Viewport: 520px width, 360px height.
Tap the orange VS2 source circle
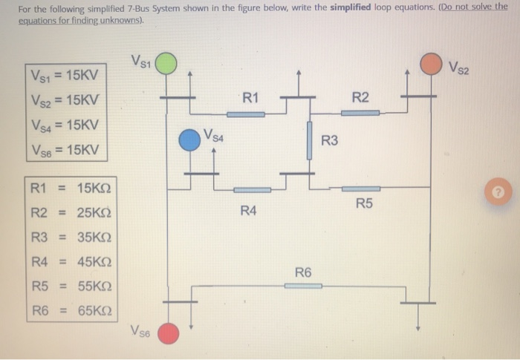(430, 64)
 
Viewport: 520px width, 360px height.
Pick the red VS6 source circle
(170, 333)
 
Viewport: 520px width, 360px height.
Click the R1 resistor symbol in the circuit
(245, 114)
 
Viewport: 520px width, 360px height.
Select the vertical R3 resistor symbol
(310, 140)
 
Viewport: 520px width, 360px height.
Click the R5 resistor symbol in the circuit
(360, 189)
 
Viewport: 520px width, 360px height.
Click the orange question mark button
(500, 192)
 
